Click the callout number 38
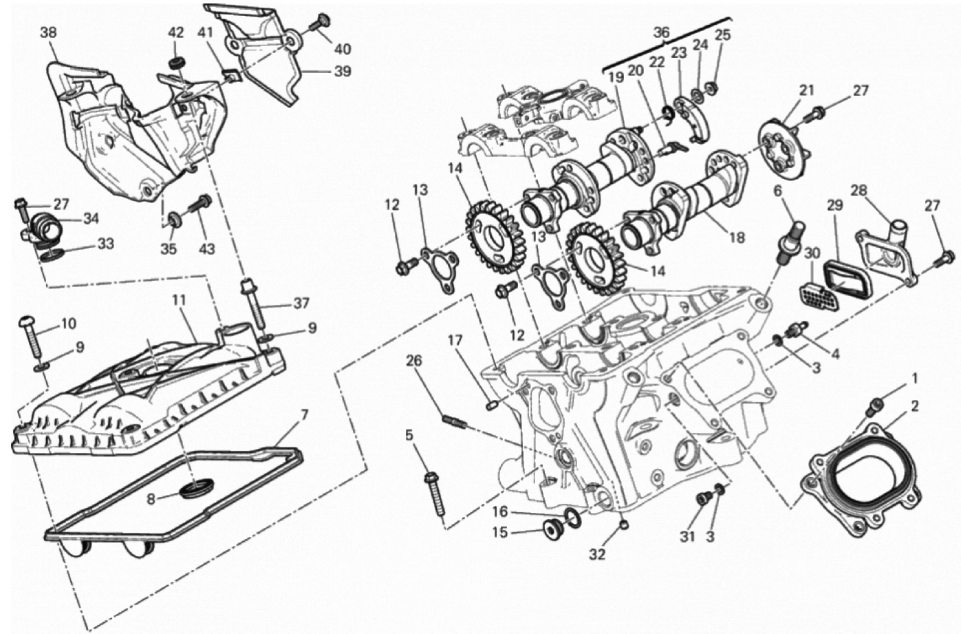tap(48, 33)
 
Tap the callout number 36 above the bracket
tap(661, 32)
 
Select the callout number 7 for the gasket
tap(304, 415)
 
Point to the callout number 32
tap(597, 554)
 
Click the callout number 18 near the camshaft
tap(737, 237)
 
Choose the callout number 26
tap(414, 361)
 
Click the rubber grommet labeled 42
tap(175, 63)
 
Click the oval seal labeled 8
tap(197, 489)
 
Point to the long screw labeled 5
tap(435, 493)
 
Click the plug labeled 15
tap(553, 530)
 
